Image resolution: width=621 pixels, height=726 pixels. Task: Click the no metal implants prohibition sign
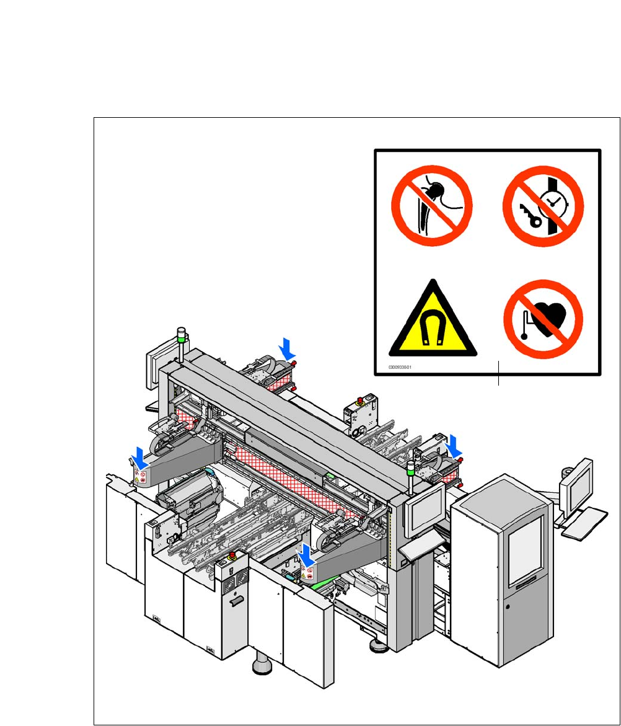(432, 205)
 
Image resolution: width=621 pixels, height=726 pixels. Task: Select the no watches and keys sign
(543, 205)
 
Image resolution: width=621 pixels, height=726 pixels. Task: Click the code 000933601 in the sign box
(402, 366)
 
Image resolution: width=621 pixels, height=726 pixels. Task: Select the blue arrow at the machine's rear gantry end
(287, 347)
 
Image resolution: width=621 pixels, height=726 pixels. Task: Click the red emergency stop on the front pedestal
(233, 554)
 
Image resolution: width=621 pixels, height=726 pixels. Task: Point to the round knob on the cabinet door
(507, 604)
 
